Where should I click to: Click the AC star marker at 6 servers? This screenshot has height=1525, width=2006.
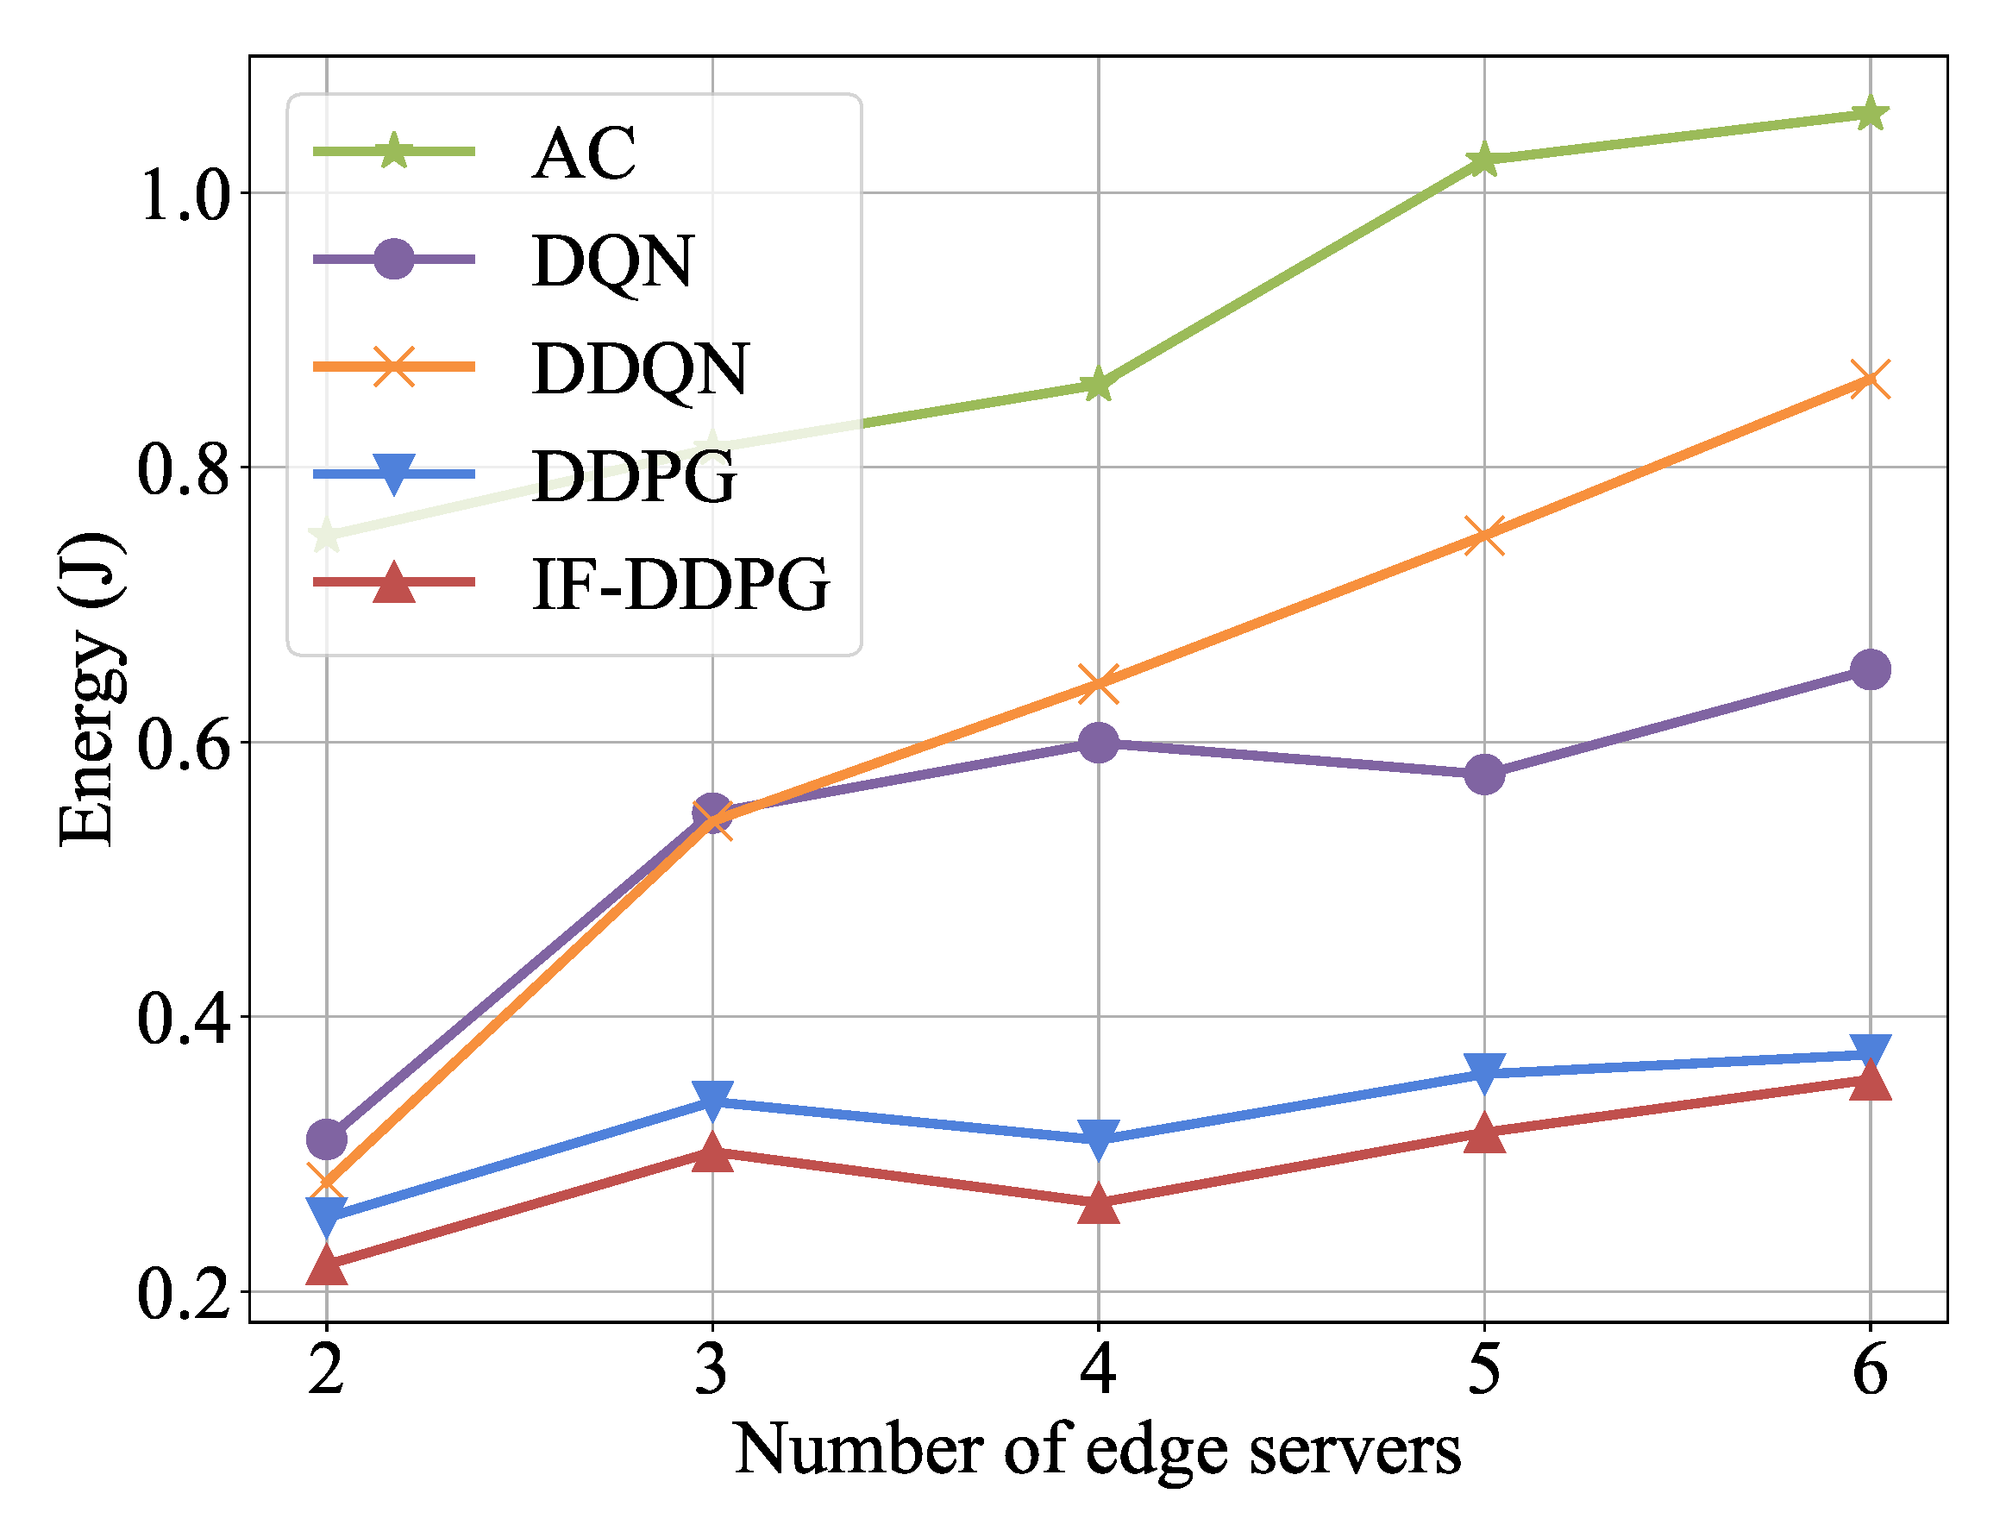[1870, 115]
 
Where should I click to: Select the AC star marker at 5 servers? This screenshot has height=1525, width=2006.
[1484, 160]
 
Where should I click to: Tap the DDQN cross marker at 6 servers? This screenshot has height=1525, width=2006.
[1870, 380]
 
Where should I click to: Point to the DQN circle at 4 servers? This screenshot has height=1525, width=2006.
[1099, 744]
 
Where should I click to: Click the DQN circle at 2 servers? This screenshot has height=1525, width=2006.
[327, 1139]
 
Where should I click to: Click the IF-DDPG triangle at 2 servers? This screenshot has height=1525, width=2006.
[327, 1265]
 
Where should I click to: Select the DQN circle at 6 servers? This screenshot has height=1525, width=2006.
[1870, 670]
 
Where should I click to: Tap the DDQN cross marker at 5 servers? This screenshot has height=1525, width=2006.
[1484, 536]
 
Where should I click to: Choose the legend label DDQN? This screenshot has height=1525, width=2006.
[640, 368]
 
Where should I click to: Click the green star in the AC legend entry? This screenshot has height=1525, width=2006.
[394, 151]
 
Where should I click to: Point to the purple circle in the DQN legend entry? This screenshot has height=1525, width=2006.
[394, 260]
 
